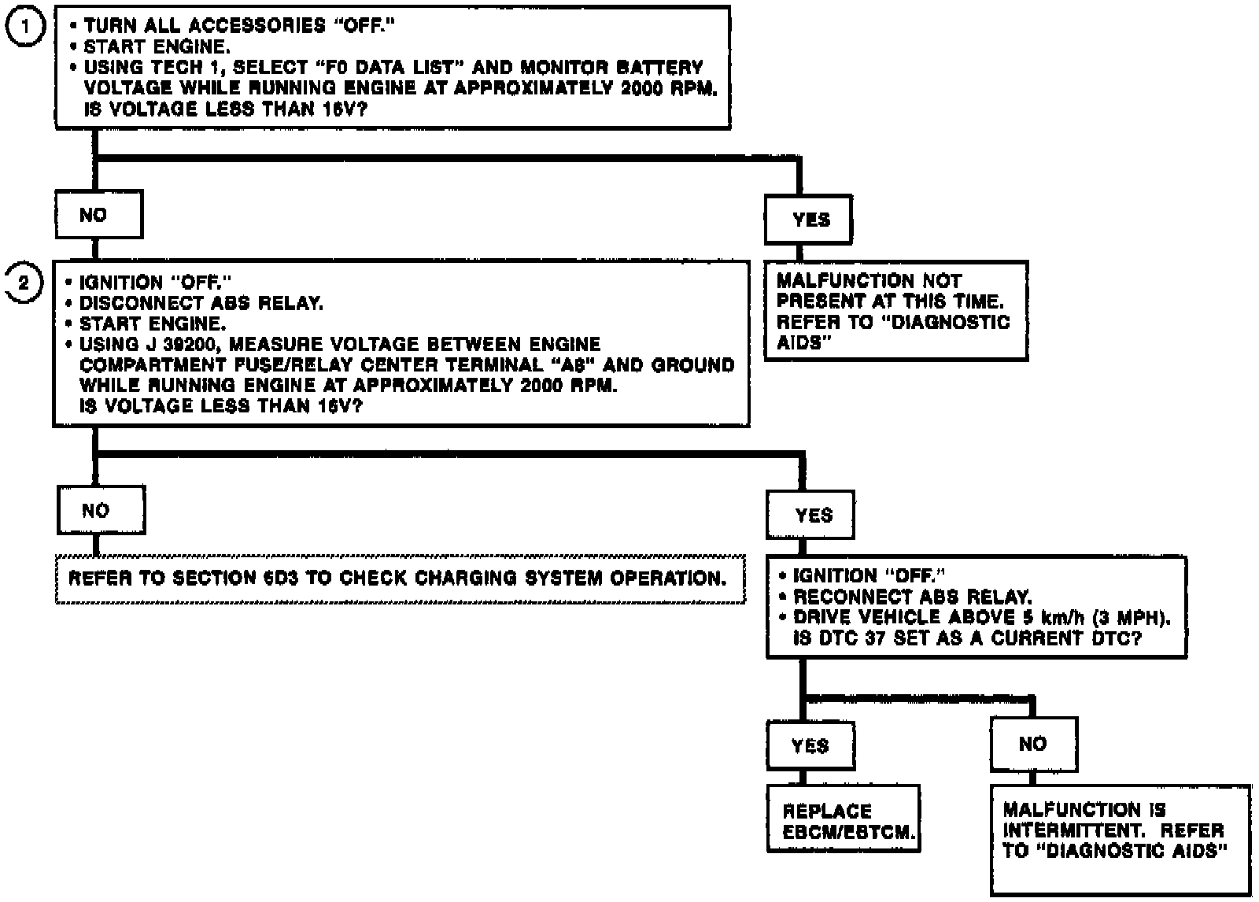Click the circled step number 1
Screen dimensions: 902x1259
(25, 26)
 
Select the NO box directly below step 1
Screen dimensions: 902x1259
(98, 214)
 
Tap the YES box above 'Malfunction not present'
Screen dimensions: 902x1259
(809, 220)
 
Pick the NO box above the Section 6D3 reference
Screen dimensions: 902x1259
(101, 510)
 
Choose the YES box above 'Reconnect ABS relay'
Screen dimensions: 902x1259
(810, 516)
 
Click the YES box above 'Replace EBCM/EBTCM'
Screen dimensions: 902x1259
(810, 745)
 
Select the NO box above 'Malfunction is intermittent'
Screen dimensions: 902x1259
(1033, 744)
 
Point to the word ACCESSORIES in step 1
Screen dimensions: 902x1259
(257, 26)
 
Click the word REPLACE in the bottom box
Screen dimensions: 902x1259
(827, 811)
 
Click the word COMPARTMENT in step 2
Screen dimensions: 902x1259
(149, 365)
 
